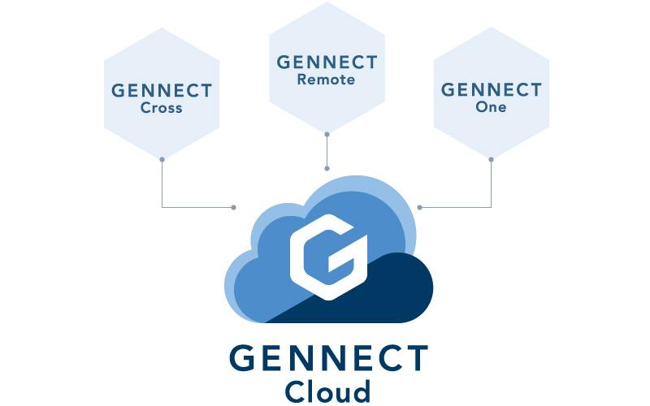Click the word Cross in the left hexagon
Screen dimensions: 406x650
(161, 108)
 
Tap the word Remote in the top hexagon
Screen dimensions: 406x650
(326, 80)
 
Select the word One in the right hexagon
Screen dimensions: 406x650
(491, 106)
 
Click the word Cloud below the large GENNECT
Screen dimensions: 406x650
(327, 389)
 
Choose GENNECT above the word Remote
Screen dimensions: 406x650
(327, 63)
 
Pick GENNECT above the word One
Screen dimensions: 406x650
(491, 89)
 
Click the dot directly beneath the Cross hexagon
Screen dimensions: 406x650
(162, 159)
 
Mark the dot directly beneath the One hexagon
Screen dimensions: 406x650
(491, 159)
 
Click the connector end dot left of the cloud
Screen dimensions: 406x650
(234, 207)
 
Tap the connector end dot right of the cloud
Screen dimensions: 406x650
(419, 207)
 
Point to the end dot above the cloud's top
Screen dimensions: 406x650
(327, 168)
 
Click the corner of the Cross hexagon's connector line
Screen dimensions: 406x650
(162, 207)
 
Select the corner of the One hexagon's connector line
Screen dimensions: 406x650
(491, 207)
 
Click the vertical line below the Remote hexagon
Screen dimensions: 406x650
(327, 150)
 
